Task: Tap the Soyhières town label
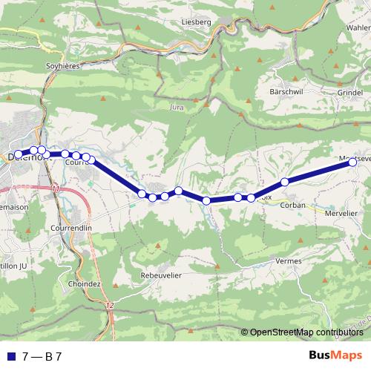tap(65, 65)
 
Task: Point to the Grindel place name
tap(350, 93)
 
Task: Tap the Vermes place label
tap(288, 261)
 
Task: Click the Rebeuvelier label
tap(161, 275)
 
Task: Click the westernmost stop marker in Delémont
tap(19, 154)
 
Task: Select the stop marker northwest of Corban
tap(284, 182)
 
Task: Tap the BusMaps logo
tap(335, 355)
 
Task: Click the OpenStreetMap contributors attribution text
tap(306, 332)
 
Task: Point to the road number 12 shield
tap(110, 306)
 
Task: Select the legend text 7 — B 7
tap(42, 356)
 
